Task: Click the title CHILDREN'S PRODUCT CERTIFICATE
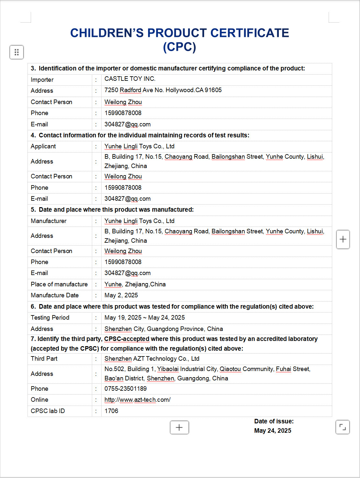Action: pyautogui.click(x=180, y=33)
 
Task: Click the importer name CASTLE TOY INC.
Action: pyautogui.click(x=130, y=79)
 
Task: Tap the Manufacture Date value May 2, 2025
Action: pyautogui.click(x=121, y=295)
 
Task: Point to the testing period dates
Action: pyautogui.click(x=145, y=318)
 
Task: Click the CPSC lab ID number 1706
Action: pyautogui.click(x=111, y=411)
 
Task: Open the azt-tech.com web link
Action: pyautogui.click(x=137, y=400)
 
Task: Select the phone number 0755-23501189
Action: pyautogui.click(x=125, y=389)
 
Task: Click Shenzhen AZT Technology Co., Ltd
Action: pyautogui.click(x=152, y=359)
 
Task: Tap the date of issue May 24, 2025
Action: pyautogui.click(x=273, y=431)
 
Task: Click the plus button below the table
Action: pyautogui.click(x=179, y=428)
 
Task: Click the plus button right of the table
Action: pyautogui.click(x=343, y=239)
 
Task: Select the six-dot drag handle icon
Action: pyautogui.click(x=16, y=52)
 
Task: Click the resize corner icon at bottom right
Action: pyautogui.click(x=343, y=427)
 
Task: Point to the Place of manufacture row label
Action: pyautogui.click(x=59, y=284)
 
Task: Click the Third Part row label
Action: pyautogui.click(x=44, y=359)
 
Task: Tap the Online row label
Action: pyautogui.click(x=39, y=400)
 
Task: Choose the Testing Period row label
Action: pyautogui.click(x=50, y=318)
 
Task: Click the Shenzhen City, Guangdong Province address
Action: pyautogui.click(x=163, y=329)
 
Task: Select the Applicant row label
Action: pyautogui.click(x=43, y=146)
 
